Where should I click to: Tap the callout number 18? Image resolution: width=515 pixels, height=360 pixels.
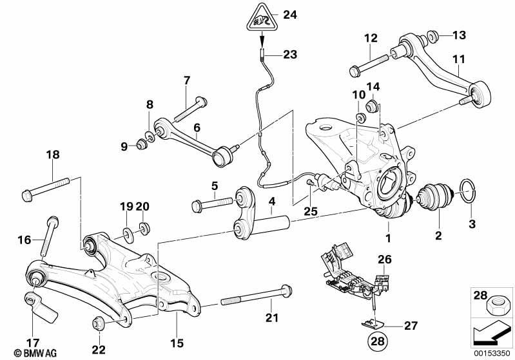click(52, 155)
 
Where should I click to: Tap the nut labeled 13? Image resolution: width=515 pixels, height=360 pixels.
click(433, 35)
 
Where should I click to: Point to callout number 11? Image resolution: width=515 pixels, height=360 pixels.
click(458, 60)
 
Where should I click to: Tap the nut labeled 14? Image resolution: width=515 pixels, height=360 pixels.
click(372, 105)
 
